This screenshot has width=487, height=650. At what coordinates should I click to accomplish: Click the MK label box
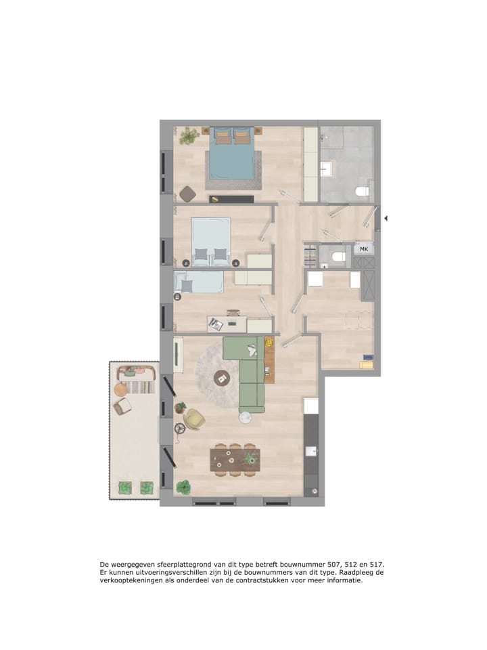click(x=364, y=248)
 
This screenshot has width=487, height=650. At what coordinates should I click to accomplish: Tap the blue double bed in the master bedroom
click(x=232, y=154)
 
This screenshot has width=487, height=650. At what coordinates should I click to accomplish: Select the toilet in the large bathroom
click(x=362, y=192)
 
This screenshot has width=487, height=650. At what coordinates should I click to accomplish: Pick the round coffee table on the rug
click(x=223, y=378)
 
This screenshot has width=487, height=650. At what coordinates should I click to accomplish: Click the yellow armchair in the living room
click(x=195, y=419)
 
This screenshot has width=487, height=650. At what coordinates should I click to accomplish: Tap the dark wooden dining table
click(x=235, y=460)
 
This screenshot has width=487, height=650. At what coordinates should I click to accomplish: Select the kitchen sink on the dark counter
click(x=310, y=451)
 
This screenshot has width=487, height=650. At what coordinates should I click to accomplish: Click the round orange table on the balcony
click(x=121, y=390)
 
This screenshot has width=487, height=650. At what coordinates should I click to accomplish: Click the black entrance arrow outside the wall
click(x=386, y=218)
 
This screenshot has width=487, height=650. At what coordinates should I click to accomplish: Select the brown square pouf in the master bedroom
click(x=188, y=194)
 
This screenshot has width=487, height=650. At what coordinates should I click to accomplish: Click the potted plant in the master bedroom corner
click(x=189, y=135)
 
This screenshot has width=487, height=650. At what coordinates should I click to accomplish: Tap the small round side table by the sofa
click(x=245, y=418)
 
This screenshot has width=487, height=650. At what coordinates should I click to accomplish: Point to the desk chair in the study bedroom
click(x=233, y=313)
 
